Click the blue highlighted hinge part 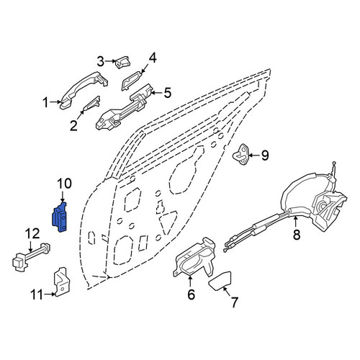(x=59, y=217)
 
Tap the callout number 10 (x=64, y=184)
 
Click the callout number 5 (x=167, y=93)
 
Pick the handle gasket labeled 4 (x=131, y=81)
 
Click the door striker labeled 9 (x=241, y=155)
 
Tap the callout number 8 (x=297, y=234)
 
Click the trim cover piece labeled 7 (x=220, y=281)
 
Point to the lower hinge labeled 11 (x=60, y=282)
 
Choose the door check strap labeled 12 (x=31, y=257)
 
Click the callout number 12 (x=32, y=233)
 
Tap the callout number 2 (x=73, y=125)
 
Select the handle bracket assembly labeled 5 (x=124, y=107)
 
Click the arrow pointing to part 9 (x=254, y=156)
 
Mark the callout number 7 (x=234, y=302)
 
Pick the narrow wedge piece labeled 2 (x=91, y=104)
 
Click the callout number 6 (x=191, y=294)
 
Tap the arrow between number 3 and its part (x=111, y=61)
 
